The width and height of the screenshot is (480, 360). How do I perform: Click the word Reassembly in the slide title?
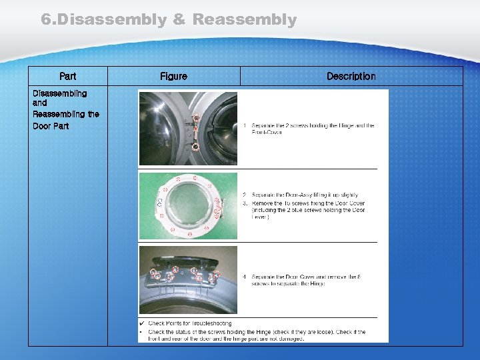[244, 20]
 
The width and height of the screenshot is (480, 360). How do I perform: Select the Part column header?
[67, 77]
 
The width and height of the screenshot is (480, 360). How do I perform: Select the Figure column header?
[173, 77]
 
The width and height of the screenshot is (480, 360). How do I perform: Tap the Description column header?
[351, 77]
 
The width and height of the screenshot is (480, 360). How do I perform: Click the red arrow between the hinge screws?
[195, 131]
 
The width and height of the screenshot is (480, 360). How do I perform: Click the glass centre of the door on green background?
[189, 205]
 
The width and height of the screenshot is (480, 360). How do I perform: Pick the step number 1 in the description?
[245, 125]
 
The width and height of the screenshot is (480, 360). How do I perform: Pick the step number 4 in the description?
[245, 277]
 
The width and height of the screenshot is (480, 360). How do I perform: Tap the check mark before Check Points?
[142, 323]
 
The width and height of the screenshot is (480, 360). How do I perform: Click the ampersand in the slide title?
[179, 20]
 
